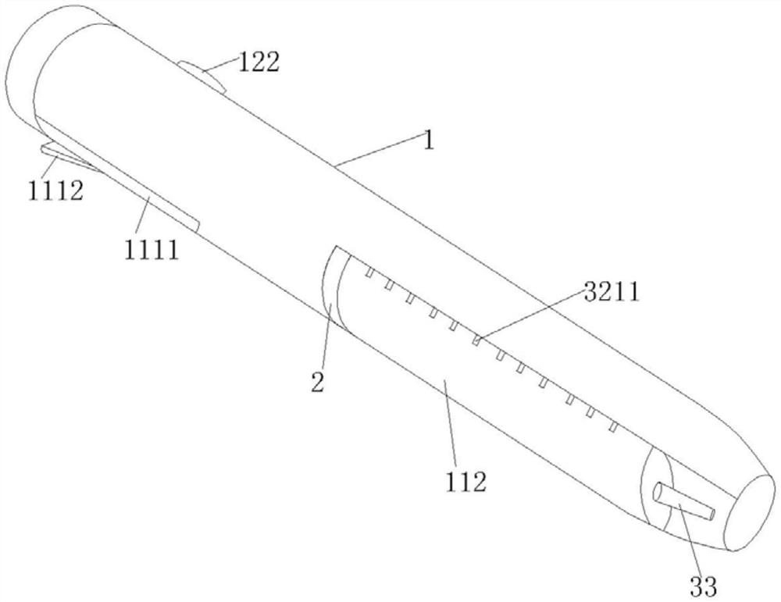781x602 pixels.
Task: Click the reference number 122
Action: coord(259,62)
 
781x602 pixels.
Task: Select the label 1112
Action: coord(55,191)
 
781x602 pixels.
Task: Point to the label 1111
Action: coord(151,249)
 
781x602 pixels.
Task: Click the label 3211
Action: coord(612,292)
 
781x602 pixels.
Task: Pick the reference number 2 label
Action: coord(318,382)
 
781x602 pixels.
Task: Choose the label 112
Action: coord(465,482)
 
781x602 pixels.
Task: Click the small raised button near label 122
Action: coord(203,76)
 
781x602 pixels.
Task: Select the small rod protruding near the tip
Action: coord(684,502)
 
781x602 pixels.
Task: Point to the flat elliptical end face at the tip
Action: coord(750,513)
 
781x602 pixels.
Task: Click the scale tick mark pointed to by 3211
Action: coord(476,340)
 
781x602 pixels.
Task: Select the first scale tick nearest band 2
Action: coord(369,273)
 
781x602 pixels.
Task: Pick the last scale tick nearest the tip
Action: coord(614,427)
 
